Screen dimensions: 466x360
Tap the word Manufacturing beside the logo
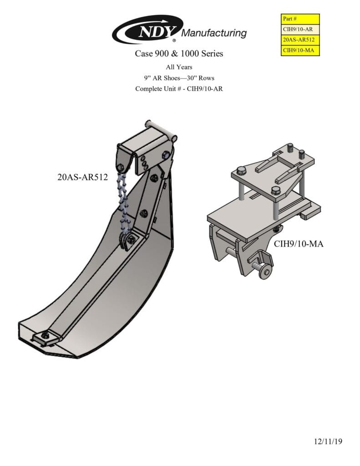(x=214, y=33)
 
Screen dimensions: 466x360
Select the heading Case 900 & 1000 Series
(x=179, y=54)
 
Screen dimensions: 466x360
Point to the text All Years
(x=179, y=67)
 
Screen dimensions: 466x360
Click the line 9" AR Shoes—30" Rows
(x=179, y=78)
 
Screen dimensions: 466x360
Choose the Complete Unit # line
(x=179, y=88)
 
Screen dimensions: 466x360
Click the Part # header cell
(x=300, y=19)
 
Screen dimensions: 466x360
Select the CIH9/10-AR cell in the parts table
(x=300, y=29)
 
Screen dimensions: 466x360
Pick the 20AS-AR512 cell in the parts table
(x=300, y=40)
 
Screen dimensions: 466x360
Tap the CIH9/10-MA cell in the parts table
(x=300, y=51)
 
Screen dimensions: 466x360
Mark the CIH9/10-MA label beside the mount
(x=299, y=244)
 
